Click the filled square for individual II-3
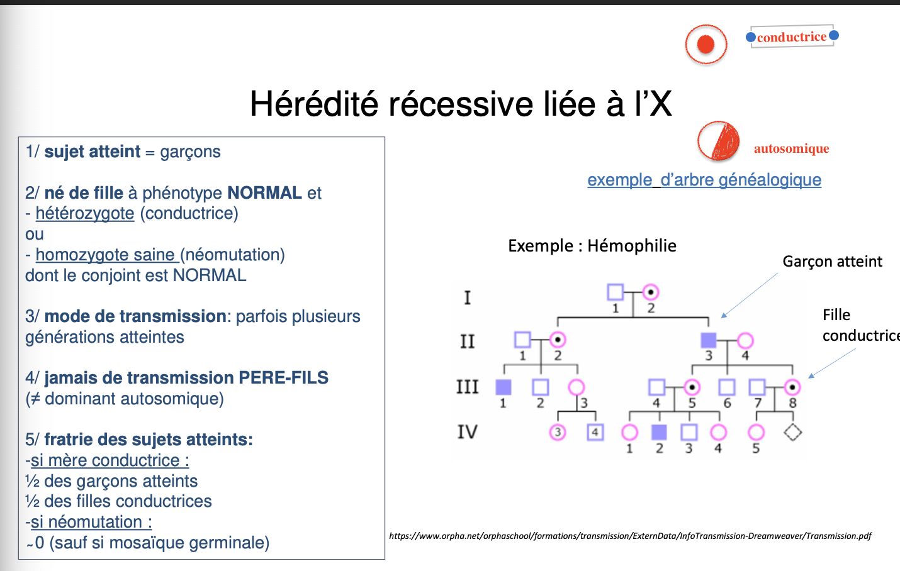709,340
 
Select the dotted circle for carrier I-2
651,292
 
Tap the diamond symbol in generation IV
792,432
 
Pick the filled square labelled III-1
503,387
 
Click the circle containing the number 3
558,432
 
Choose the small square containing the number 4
595,432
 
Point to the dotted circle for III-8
792,387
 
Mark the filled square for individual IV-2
659,432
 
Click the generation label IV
467,432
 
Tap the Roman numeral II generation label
467,341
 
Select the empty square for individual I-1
615,292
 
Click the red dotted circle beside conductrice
706,45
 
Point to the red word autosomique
791,149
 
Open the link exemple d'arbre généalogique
704,180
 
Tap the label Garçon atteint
832,262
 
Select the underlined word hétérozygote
85,214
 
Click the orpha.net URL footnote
630,536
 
